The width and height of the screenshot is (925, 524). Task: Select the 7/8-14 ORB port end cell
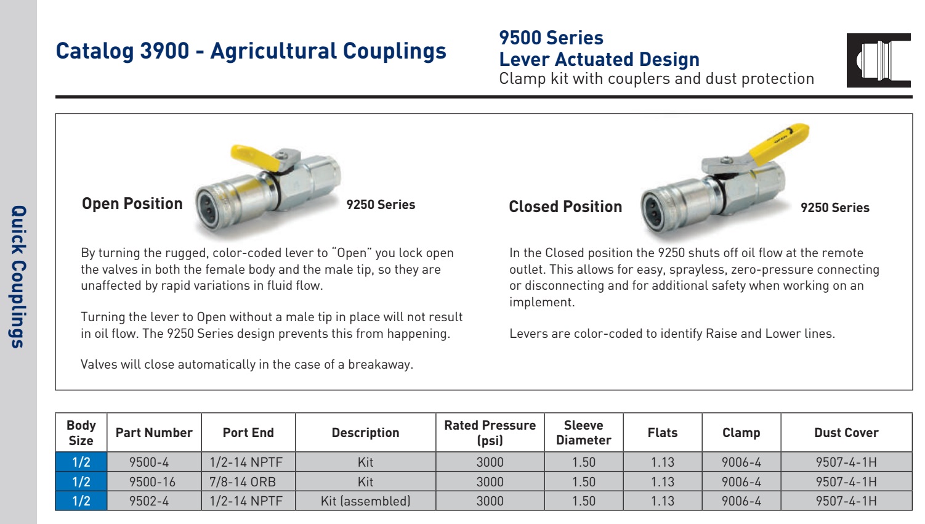pos(248,481)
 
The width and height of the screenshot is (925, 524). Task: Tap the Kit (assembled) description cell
pos(365,501)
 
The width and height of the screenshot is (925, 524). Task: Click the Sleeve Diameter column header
pos(583,432)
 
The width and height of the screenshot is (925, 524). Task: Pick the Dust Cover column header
pos(846,432)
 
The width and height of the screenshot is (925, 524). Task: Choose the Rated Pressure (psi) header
pos(490,432)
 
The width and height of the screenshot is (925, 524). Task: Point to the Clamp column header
pos(741,432)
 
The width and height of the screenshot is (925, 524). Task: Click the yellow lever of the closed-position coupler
pos(779,143)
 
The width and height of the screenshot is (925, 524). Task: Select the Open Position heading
pos(132,203)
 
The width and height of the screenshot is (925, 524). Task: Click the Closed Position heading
pos(565,207)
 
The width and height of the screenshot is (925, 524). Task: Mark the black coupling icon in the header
pos(878,60)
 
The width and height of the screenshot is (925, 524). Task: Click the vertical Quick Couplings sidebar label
pos(18,277)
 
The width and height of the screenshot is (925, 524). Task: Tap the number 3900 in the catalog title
pos(164,51)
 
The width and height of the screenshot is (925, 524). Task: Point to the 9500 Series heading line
pos(551,38)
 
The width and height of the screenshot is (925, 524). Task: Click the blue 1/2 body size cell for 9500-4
pos(81,462)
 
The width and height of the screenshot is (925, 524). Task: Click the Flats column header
pos(663,432)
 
